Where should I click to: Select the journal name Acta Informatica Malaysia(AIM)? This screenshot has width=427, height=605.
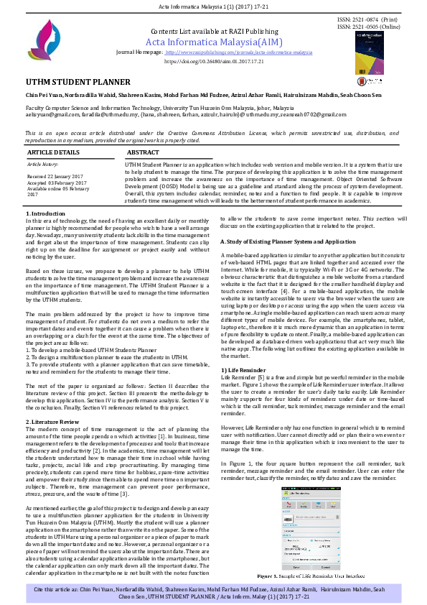coord(213,43)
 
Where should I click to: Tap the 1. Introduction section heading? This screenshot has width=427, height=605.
coord(49,215)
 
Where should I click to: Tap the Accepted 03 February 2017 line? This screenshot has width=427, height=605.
coord(58,183)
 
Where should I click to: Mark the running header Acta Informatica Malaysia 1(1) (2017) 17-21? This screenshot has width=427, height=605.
coord(213,6)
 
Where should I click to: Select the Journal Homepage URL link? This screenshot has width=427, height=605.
coord(238,53)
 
